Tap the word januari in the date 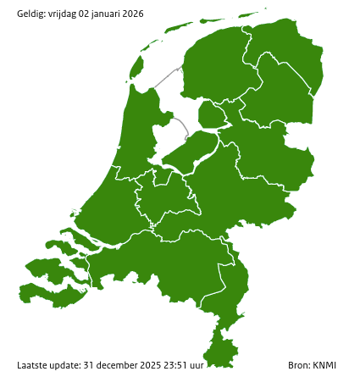[111, 14]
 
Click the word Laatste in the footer [32, 365]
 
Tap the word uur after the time [198, 365]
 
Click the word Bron [298, 365]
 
